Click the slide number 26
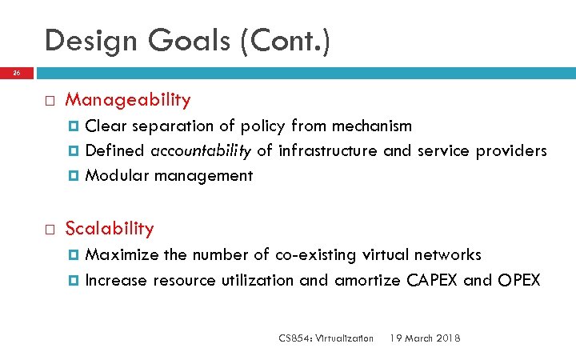coord(16,74)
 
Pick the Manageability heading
coord(128,100)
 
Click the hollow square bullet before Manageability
coord(49,101)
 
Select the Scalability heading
coord(110,229)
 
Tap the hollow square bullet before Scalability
coord(49,230)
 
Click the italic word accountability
coord(202,151)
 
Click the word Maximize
coord(122,255)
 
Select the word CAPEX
coord(434,280)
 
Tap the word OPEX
coord(519,280)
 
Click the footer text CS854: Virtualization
coord(326,338)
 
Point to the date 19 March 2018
coord(424,338)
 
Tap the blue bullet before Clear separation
coord(76,126)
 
